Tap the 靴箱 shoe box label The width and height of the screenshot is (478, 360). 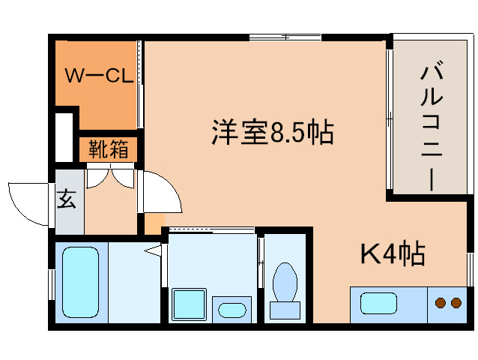pos(109,149)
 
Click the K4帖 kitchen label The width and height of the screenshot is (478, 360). pos(393,254)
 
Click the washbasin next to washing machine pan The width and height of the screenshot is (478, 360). pos(232,309)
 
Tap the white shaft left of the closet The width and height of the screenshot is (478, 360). pos(64,136)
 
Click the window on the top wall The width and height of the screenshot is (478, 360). pos(285,37)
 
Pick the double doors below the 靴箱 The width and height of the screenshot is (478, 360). pos(110,177)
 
